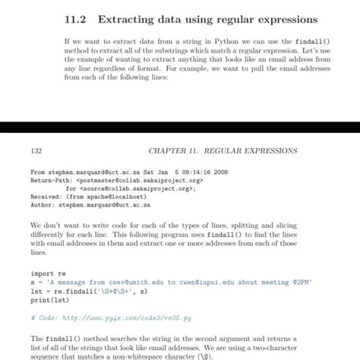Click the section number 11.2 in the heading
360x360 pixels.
74,18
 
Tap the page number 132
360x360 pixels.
35,150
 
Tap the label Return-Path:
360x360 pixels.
51,181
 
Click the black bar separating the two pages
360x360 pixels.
180,129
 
